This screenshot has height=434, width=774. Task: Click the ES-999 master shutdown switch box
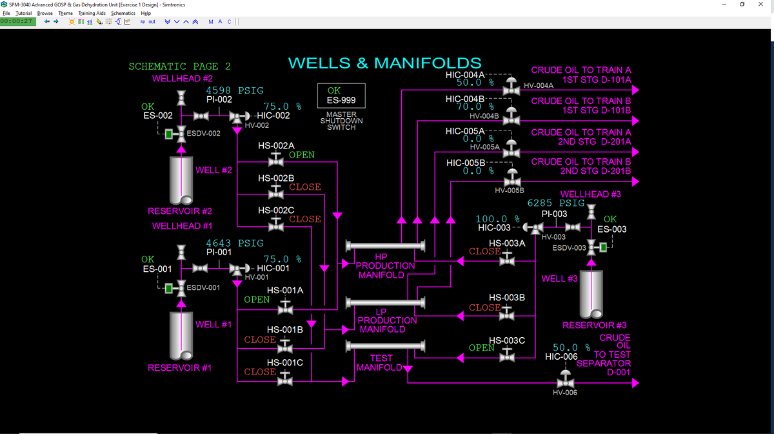(x=341, y=96)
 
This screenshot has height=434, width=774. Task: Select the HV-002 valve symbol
(x=237, y=117)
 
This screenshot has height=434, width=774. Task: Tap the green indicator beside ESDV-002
(x=168, y=134)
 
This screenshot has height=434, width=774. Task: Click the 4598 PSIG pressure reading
(x=235, y=90)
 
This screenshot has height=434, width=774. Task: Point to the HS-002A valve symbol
(x=276, y=160)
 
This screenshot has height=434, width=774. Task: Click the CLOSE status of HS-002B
(x=304, y=187)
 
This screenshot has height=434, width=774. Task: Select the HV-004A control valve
(x=511, y=87)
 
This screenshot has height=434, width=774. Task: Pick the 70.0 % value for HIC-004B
(x=475, y=107)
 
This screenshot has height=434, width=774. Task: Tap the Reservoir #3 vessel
(x=591, y=295)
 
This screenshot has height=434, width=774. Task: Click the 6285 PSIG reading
(x=555, y=203)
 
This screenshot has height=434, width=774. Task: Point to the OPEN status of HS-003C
(x=481, y=347)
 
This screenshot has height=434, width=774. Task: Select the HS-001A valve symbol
(x=285, y=307)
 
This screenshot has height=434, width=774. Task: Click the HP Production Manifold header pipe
(x=385, y=245)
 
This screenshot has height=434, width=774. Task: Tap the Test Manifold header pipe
(x=385, y=346)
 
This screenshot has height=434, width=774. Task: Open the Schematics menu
(x=123, y=13)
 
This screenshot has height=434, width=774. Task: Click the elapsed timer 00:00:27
(x=17, y=21)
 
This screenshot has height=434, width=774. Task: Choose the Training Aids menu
(x=92, y=13)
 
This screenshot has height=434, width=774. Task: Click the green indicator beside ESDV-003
(x=603, y=247)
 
